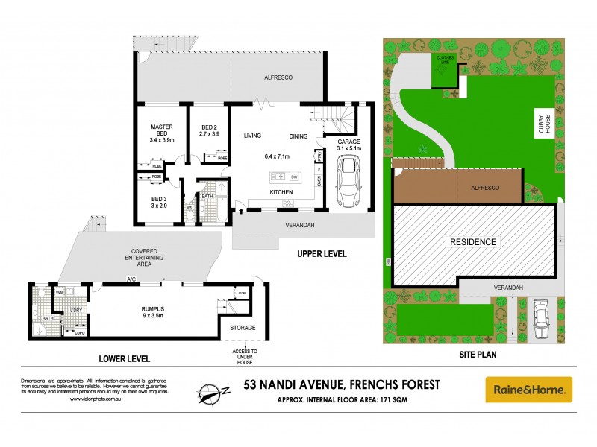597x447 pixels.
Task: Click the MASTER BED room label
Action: tap(161, 127)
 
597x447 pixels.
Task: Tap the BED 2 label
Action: tap(210, 127)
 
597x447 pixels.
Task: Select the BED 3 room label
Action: tap(158, 199)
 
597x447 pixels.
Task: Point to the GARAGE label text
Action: tap(349, 142)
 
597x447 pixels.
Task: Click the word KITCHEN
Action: tap(281, 193)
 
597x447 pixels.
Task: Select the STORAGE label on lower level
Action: tap(243, 328)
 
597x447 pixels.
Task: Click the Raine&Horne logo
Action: tap(529, 389)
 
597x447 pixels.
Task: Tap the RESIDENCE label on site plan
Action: tap(472, 242)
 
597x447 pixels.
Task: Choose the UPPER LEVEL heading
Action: tap(322, 254)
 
